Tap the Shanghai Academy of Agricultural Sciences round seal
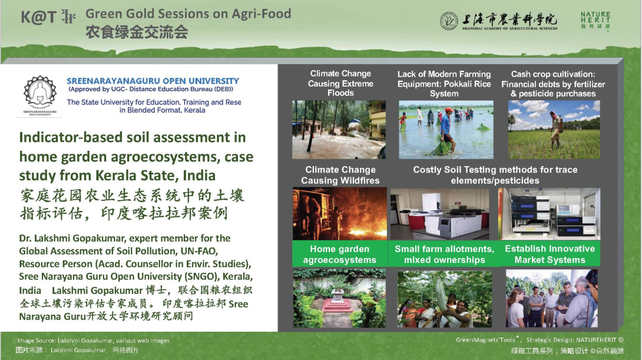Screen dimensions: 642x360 click(449, 21)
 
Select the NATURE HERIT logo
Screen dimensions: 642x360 click(595, 21)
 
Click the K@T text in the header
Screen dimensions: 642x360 click(38, 17)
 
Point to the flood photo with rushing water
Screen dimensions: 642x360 click(339, 130)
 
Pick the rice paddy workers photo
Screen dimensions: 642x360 click(446, 130)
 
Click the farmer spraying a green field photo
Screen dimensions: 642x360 click(554, 130)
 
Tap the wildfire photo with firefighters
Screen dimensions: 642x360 click(339, 213)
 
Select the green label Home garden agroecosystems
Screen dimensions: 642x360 click(340, 254)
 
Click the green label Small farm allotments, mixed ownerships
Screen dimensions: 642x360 click(444, 254)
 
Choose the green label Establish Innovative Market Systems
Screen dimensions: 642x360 click(550, 254)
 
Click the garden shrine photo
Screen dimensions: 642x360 click(339, 298)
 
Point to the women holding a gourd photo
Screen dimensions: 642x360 click(445, 299)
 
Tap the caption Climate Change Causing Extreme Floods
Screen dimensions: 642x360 click(340, 83)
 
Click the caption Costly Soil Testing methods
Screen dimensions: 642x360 click(495, 175)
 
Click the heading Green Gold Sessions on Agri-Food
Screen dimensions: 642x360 click(188, 14)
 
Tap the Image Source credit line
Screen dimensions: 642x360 click(93, 341)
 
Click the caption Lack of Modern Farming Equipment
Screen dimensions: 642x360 click(444, 84)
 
